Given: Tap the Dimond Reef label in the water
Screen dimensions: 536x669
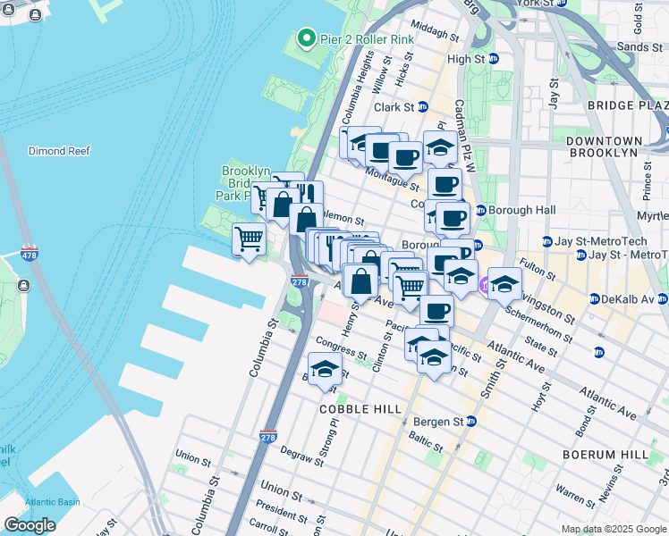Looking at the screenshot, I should [59, 151].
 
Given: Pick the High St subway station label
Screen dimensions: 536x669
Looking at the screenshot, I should [473, 59].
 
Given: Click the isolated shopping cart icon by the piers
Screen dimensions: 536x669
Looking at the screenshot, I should [249, 239].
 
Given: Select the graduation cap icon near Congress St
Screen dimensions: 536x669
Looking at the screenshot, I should [324, 368].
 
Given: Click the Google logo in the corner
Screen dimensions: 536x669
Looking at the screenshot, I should [30, 525].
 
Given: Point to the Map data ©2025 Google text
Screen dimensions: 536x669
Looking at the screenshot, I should [614, 529].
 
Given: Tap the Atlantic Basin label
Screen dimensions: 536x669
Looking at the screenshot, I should [53, 502].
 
